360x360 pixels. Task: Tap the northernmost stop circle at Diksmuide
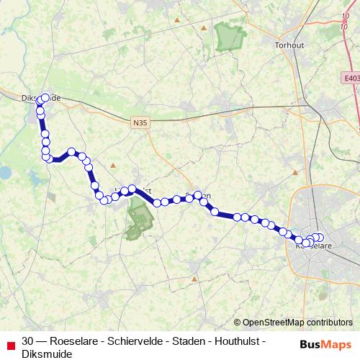pos(45,98)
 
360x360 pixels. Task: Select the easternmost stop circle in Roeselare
pos(320,238)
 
